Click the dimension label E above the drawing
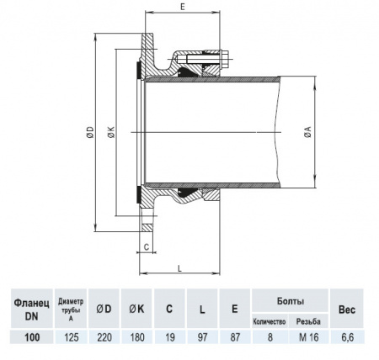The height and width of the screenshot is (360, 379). coord(183,7)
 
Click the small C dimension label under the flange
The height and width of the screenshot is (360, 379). coord(146,246)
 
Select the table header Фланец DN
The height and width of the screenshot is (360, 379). coord(32,308)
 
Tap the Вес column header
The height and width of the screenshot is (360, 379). coord(345,308)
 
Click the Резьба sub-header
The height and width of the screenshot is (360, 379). coord(310,321)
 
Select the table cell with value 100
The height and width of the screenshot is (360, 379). coord(32,336)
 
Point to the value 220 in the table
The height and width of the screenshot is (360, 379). coord(104,336)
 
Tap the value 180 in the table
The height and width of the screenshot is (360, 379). coord(136,336)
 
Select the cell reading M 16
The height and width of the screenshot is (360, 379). coord(310,336)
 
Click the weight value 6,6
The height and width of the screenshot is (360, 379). coord(345,336)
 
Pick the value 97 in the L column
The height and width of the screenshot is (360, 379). coord(201,336)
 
